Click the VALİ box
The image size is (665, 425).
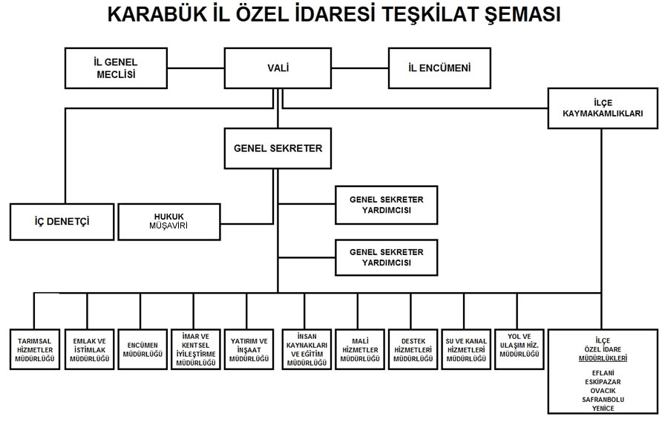278,68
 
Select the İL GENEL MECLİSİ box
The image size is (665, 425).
117,68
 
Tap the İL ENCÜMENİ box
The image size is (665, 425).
439,68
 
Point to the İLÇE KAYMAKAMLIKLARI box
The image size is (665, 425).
603,108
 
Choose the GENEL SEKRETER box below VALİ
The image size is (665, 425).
278,148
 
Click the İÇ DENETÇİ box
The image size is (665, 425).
62,222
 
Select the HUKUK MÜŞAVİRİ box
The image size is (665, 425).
169,222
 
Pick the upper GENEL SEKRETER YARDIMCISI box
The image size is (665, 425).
387,205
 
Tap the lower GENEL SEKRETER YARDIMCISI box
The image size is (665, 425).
387,257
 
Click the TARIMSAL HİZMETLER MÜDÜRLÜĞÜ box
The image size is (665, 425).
35,349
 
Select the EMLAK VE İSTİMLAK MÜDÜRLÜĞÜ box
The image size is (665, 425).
90,349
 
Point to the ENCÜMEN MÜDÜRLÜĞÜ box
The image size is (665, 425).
142,349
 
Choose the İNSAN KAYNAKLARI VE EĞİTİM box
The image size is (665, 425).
307,349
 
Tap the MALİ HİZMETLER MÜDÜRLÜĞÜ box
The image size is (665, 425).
360,349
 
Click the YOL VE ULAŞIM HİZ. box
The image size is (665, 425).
519,349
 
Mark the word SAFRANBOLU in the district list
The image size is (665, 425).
603,400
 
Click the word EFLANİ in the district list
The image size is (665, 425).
603,373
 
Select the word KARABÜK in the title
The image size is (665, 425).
156,14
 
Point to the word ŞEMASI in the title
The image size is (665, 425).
523,15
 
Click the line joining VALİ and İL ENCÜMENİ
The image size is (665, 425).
360,68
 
